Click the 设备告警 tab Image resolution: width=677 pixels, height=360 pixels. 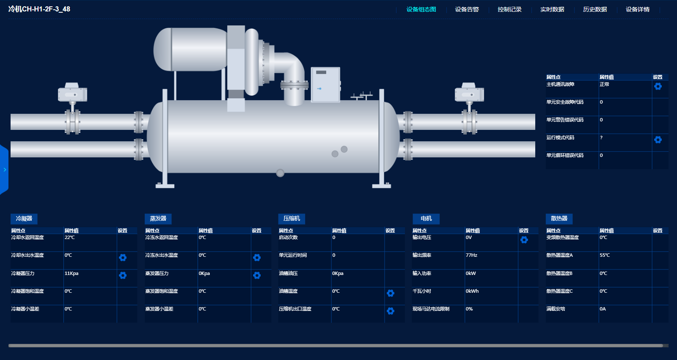[467, 9]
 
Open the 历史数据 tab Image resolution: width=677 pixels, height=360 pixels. [595, 9]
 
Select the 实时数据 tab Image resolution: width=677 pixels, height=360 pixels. [552, 9]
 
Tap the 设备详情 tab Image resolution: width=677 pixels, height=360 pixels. [637, 9]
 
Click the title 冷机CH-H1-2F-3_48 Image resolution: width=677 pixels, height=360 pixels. [39, 9]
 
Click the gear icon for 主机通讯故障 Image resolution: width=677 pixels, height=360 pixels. [658, 86]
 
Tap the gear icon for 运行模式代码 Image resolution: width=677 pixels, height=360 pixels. [658, 140]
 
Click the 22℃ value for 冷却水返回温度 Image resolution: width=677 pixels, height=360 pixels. [69, 237]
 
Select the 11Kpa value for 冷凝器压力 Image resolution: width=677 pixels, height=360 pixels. [72, 273]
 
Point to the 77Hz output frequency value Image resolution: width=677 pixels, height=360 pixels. [471, 255]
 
